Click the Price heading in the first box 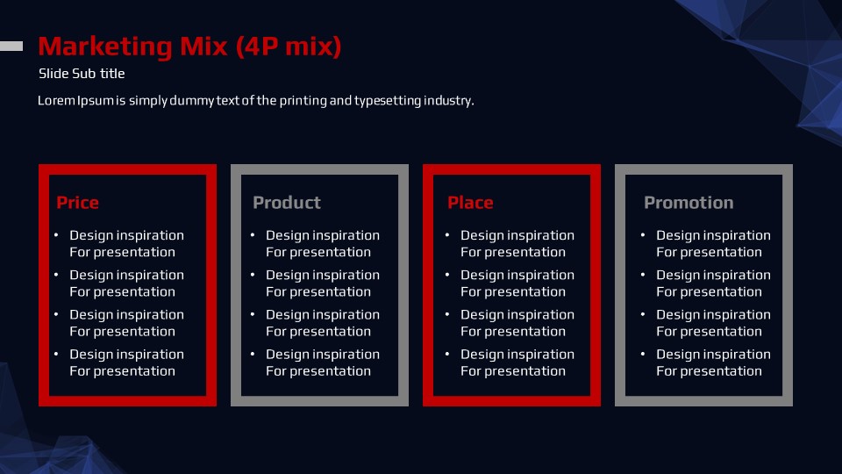coord(77,203)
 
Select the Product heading coord(287,203)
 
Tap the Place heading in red coord(470,203)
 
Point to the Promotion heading coord(689,203)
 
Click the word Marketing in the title coord(105,47)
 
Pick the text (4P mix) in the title coord(289,47)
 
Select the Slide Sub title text coord(82,74)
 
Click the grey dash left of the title coord(11,47)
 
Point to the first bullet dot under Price coord(56,234)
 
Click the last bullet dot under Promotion coord(643,354)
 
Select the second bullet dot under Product coord(253,274)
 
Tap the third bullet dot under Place coord(447,314)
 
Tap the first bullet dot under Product coord(253,234)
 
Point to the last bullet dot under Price coord(56,354)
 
